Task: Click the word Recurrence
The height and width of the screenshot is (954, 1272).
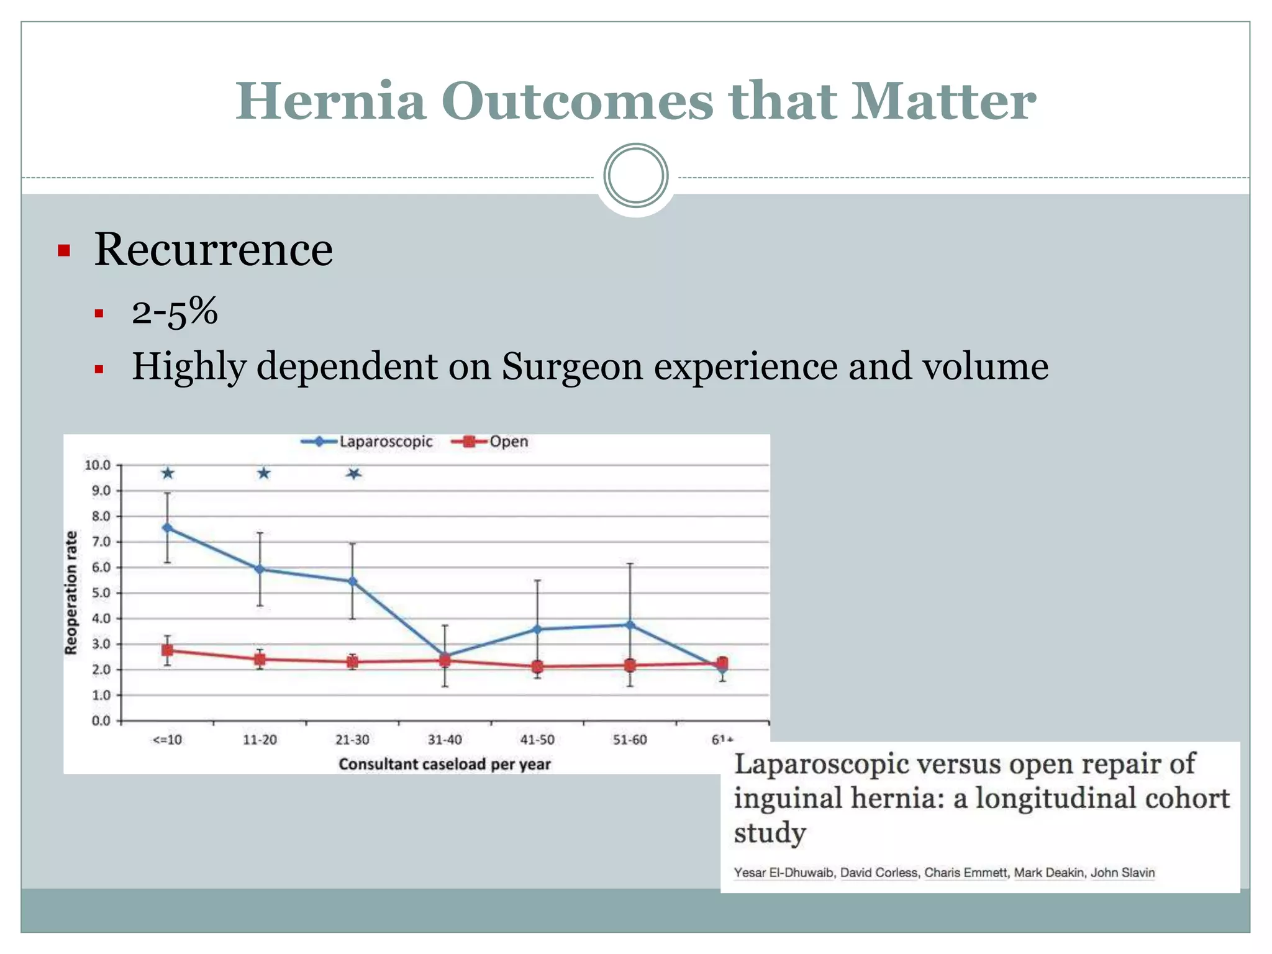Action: point(213,250)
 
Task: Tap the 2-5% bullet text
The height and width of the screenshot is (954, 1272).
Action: point(175,311)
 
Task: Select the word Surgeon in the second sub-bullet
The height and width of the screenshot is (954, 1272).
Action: point(571,366)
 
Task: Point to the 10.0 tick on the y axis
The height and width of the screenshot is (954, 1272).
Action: point(98,465)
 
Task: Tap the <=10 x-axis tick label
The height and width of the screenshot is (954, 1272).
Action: point(167,740)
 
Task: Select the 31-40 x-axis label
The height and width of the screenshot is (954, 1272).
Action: point(445,740)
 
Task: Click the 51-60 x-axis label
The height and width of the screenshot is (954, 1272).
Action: point(630,740)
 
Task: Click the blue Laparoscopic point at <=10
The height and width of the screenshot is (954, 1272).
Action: point(167,527)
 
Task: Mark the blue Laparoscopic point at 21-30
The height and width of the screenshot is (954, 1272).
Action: point(352,581)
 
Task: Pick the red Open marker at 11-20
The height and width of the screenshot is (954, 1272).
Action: point(260,659)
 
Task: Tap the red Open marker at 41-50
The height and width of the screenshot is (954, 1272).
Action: point(537,667)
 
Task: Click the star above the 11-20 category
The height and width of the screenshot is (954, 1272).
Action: point(264,474)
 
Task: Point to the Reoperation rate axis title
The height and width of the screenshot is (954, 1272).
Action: point(71,593)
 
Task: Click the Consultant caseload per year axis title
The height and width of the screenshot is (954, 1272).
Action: point(445,764)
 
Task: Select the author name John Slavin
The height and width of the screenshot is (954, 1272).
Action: point(1122,873)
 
